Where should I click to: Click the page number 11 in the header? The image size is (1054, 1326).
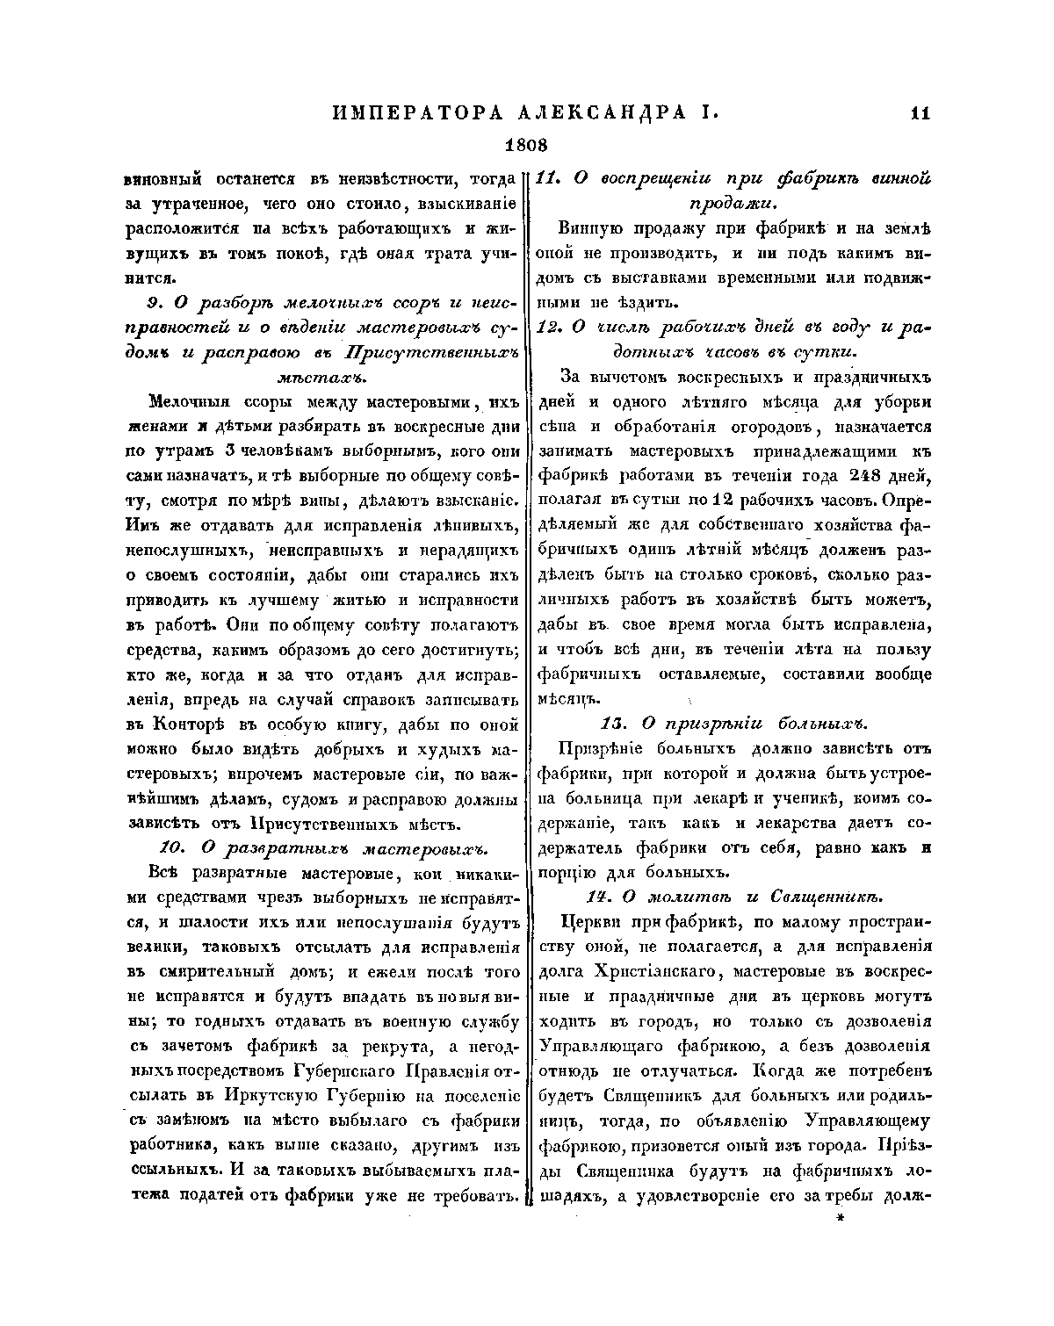point(920,112)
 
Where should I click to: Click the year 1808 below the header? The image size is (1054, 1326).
point(526,144)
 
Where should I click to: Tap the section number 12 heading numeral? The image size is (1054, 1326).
point(548,328)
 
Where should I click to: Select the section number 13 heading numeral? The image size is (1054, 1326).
point(611,724)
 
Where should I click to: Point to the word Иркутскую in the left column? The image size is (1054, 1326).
point(281,1098)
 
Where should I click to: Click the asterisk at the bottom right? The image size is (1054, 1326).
point(841,1220)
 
